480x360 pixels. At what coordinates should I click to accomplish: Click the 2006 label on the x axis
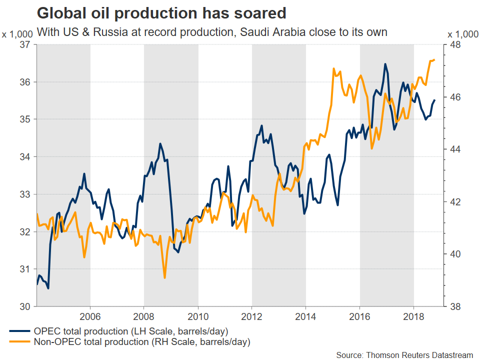90,317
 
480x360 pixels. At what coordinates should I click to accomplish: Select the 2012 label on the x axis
252,317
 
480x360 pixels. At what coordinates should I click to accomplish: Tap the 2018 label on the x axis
414,317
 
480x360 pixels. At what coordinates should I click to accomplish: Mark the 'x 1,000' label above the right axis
462,34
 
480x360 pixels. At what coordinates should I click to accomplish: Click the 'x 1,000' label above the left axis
17,34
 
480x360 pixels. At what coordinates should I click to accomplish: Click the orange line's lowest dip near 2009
164,277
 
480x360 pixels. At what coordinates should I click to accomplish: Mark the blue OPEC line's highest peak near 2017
385,64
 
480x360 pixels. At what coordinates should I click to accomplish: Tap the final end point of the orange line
434,60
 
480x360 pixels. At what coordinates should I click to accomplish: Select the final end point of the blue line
434,100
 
